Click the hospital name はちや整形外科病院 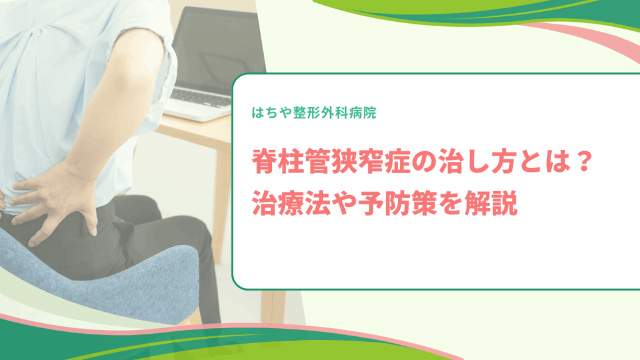[x=314, y=112]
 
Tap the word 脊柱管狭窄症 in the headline [x=331, y=162]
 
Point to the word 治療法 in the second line [x=291, y=203]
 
